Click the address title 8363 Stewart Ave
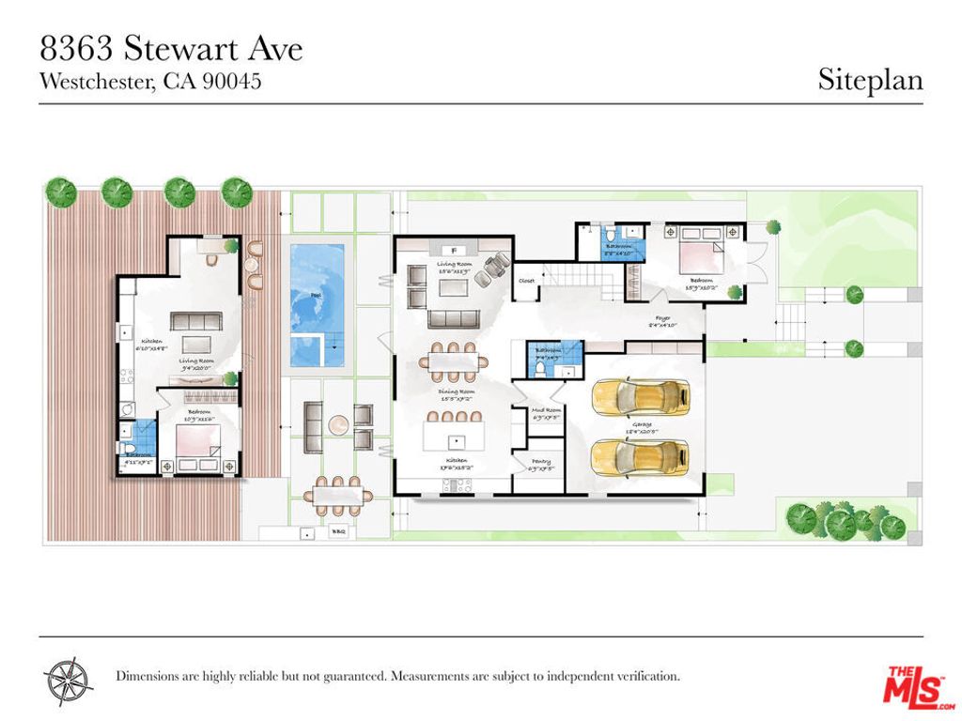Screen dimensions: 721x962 point(171,48)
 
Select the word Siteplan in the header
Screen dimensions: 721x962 point(870,80)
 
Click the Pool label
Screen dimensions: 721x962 point(303,295)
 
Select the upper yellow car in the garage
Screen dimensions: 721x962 point(641,398)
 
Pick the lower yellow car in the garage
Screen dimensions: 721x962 point(641,457)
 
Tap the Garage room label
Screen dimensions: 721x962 point(642,424)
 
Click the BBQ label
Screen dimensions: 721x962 point(339,531)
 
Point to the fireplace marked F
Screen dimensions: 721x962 point(453,250)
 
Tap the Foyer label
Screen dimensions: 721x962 point(663,319)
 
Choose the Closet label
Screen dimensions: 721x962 point(527,280)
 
